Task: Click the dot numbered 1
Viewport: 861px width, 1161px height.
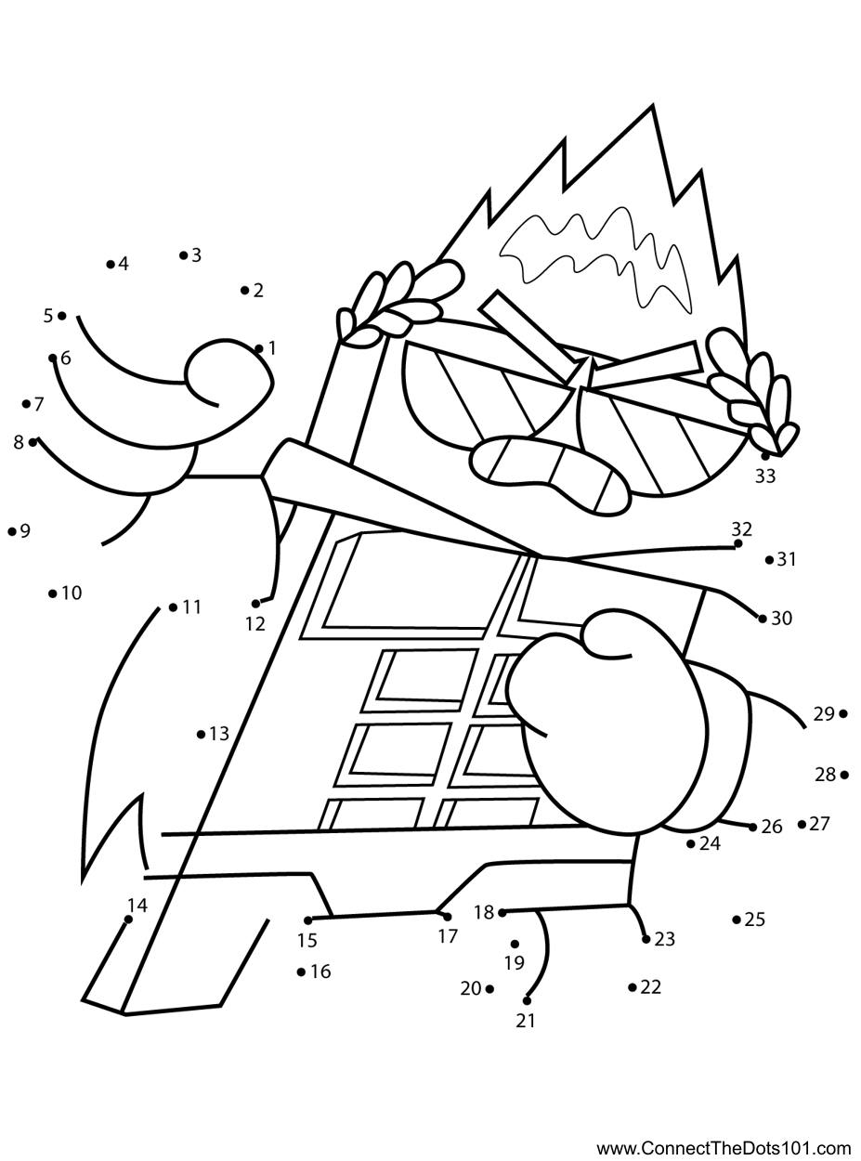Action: (259, 349)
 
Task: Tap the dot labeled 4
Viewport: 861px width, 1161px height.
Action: (111, 265)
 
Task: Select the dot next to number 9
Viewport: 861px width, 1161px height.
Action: (11, 532)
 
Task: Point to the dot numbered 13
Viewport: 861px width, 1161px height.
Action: (201, 735)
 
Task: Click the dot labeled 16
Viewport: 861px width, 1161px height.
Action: (301, 972)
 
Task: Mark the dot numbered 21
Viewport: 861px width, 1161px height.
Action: (527, 1000)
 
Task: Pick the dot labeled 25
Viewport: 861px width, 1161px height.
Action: (737, 920)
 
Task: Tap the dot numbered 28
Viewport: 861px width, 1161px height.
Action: (843, 775)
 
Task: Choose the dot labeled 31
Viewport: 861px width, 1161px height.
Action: (769, 560)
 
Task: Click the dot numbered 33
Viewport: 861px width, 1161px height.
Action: (764, 456)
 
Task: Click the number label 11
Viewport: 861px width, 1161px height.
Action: (191, 607)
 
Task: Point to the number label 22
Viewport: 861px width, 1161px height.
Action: (651, 986)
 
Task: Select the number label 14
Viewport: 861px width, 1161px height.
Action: (137, 905)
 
